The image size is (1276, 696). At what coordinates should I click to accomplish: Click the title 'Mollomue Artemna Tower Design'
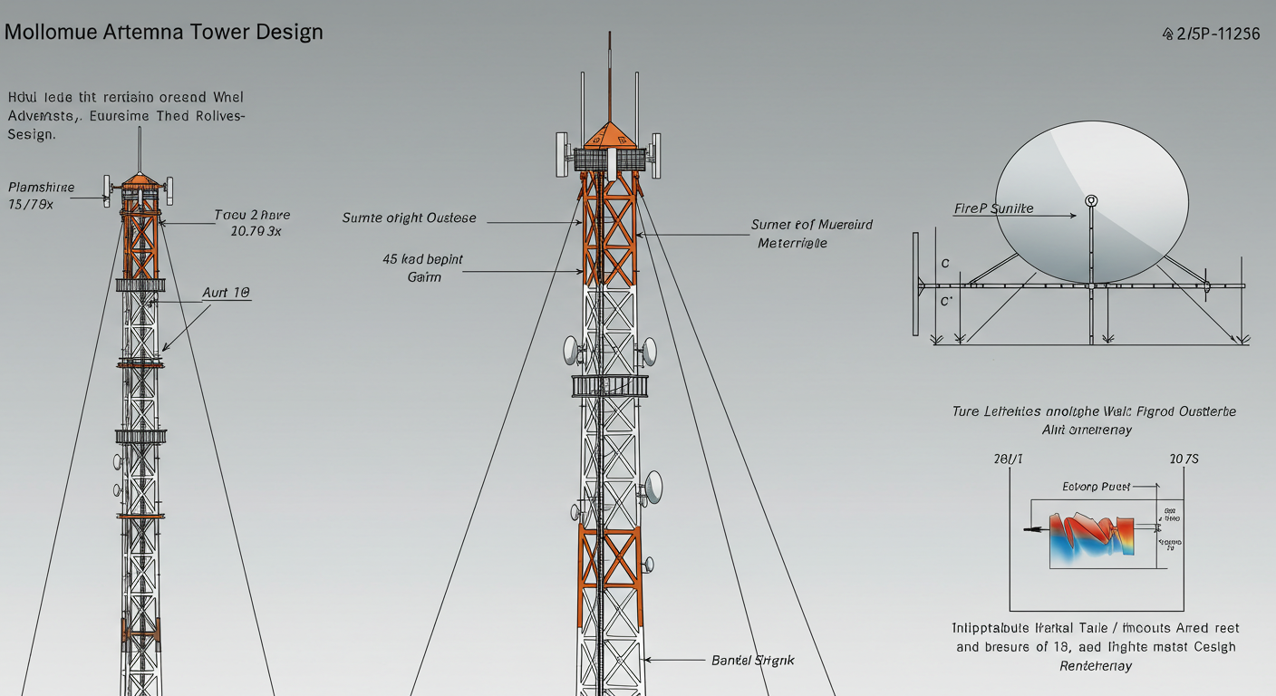(163, 33)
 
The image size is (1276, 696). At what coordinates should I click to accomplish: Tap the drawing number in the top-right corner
(1211, 34)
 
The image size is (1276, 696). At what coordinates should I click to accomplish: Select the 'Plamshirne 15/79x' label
(42, 196)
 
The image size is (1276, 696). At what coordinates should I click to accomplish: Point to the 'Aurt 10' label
(226, 294)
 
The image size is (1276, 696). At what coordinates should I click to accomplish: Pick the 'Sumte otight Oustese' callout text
(409, 218)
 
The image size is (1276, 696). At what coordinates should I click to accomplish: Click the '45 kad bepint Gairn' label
(423, 267)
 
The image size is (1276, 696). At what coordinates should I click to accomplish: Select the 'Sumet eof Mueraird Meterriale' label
(812, 233)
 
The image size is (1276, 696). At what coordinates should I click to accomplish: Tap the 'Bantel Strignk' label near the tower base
(752, 661)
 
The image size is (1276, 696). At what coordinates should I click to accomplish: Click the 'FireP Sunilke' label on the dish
(993, 208)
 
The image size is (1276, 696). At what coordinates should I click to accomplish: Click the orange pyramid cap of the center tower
(608, 136)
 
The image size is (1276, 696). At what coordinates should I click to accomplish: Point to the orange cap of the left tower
(140, 179)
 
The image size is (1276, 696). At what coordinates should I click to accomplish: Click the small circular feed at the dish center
(1091, 200)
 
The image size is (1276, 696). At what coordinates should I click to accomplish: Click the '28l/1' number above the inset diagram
(1008, 459)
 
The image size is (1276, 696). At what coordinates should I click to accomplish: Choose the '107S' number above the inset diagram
(1184, 459)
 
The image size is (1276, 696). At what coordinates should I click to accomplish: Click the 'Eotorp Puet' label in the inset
(1096, 487)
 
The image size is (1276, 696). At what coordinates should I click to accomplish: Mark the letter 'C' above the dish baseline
(945, 264)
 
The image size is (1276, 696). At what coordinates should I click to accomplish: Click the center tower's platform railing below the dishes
(610, 386)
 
